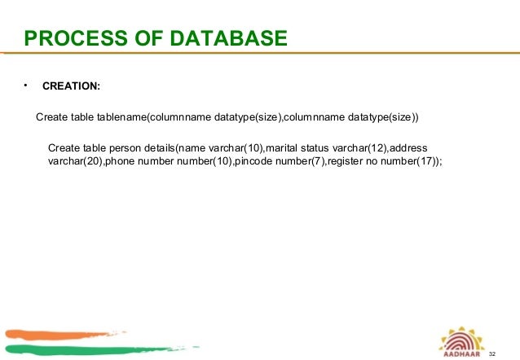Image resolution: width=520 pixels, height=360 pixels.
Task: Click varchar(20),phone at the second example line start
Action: click(82, 161)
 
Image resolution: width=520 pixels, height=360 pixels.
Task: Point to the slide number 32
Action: click(491, 354)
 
